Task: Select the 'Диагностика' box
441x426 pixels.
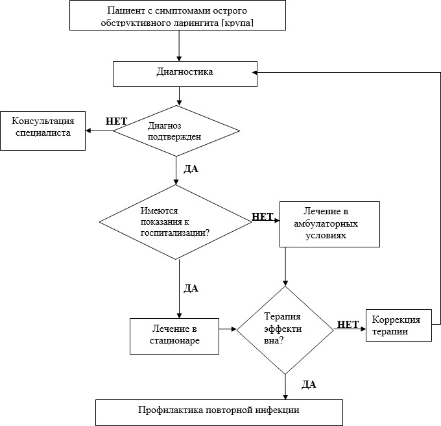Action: click(x=184, y=73)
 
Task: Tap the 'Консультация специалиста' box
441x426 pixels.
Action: click(x=43, y=131)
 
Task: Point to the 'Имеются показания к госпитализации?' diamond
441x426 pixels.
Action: click(x=175, y=222)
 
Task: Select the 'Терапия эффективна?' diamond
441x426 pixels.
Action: click(x=285, y=330)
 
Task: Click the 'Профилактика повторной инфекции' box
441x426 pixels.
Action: click(x=219, y=411)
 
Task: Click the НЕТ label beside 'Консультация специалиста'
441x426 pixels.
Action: click(x=116, y=121)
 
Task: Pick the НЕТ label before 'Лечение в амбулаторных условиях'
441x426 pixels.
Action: click(x=262, y=217)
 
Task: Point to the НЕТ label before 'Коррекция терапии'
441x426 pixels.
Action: click(x=348, y=325)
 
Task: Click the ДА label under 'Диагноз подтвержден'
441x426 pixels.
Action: click(x=191, y=168)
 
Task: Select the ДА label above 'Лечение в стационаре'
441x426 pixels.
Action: click(x=191, y=288)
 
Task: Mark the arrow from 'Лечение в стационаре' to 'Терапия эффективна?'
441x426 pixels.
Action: click(x=228, y=330)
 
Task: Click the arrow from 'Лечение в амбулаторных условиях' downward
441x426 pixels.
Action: click(x=285, y=266)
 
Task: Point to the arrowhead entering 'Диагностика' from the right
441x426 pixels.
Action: click(x=258, y=73)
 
